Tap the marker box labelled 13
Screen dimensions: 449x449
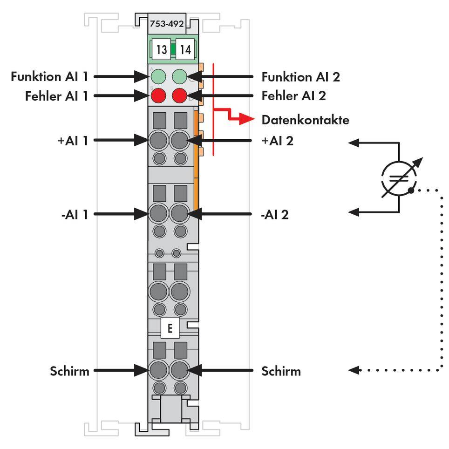161,49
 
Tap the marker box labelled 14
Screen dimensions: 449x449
185,49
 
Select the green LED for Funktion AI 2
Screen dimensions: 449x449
180,76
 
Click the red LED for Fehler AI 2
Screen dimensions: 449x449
180,96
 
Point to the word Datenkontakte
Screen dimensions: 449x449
305,120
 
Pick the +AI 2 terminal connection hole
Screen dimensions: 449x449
179,139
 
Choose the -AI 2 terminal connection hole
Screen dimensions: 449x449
179,214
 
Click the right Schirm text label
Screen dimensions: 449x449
281,371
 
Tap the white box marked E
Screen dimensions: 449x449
170,328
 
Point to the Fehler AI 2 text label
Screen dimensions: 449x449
293,96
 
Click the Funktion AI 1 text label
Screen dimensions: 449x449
49,76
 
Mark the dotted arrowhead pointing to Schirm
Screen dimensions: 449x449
354,370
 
